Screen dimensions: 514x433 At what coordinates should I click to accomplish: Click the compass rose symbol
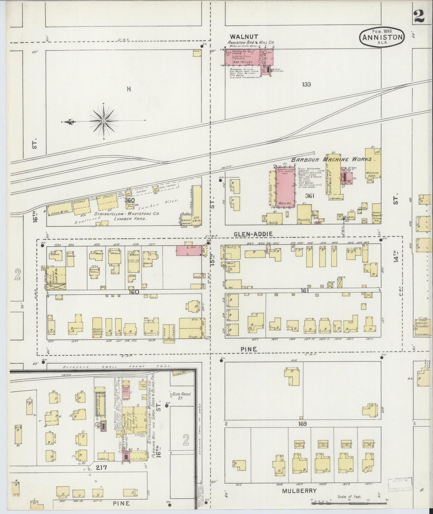click(103, 121)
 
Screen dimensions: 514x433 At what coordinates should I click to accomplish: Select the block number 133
click(306, 85)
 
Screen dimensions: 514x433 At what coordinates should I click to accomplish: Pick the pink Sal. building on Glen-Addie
click(188, 250)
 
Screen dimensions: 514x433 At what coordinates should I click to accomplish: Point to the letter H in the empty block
click(129, 89)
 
